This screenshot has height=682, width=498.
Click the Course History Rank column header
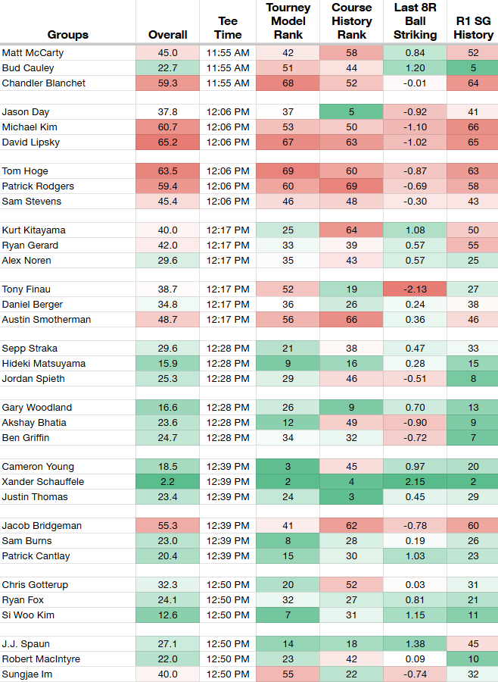352,21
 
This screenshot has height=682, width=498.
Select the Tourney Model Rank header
288,21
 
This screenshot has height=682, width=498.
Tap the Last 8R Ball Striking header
415,21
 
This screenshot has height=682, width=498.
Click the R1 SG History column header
473,28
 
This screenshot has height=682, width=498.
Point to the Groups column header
68,35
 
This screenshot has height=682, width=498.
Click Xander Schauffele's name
43,481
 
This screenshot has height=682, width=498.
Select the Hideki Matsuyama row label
43,364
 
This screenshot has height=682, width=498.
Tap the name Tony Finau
26,289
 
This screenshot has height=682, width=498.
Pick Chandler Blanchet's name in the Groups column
43,83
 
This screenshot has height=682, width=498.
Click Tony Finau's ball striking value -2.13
415,289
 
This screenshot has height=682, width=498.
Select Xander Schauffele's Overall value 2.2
168,481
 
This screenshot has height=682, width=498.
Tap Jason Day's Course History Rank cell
352,112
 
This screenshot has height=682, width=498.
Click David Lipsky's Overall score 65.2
168,142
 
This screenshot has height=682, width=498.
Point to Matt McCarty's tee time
228,53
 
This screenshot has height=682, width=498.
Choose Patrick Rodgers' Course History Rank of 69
352,186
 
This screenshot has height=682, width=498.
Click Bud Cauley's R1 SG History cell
473,68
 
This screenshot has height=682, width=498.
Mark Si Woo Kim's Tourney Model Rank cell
288,615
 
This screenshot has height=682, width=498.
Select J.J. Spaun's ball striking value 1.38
415,643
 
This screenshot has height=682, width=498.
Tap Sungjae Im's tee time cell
228,674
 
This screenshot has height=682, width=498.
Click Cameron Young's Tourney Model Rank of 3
288,466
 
